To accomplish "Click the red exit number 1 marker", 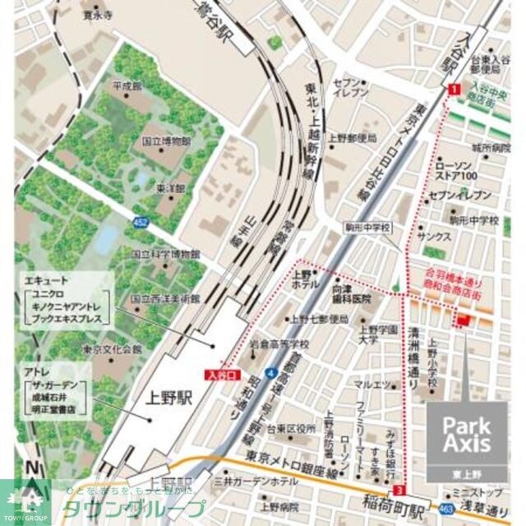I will (454, 90).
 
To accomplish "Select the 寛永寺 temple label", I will (97, 15).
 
